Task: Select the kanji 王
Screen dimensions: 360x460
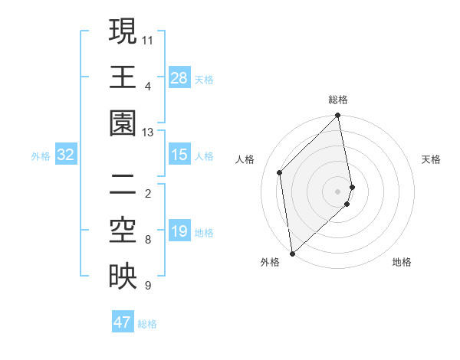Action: pyautogui.click(x=123, y=77)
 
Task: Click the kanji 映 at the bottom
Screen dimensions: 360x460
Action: pyautogui.click(x=123, y=277)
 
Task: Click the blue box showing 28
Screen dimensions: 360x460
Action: pyautogui.click(x=179, y=77)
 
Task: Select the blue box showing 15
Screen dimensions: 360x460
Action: pyautogui.click(x=179, y=155)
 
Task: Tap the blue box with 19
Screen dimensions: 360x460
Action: pyautogui.click(x=179, y=231)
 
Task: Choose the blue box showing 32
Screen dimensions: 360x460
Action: pyautogui.click(x=66, y=155)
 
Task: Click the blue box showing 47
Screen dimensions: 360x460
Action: pyautogui.click(x=123, y=322)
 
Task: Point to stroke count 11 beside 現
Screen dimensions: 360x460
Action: pyautogui.click(x=148, y=39)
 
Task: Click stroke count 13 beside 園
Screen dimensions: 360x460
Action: pyautogui.click(x=148, y=133)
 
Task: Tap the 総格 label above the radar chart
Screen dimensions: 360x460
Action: pyautogui.click(x=338, y=100)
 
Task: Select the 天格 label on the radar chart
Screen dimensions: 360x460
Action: pyautogui.click(x=431, y=159)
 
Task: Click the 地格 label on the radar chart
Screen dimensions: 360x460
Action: pyautogui.click(x=402, y=262)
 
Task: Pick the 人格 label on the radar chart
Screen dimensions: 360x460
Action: pyautogui.click(x=245, y=159)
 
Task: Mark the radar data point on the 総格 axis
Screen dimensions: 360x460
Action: pyautogui.click(x=338, y=116)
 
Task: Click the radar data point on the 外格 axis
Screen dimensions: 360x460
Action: pyautogui.click(x=292, y=253)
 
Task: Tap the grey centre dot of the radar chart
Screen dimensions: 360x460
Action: pyautogui.click(x=338, y=191)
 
